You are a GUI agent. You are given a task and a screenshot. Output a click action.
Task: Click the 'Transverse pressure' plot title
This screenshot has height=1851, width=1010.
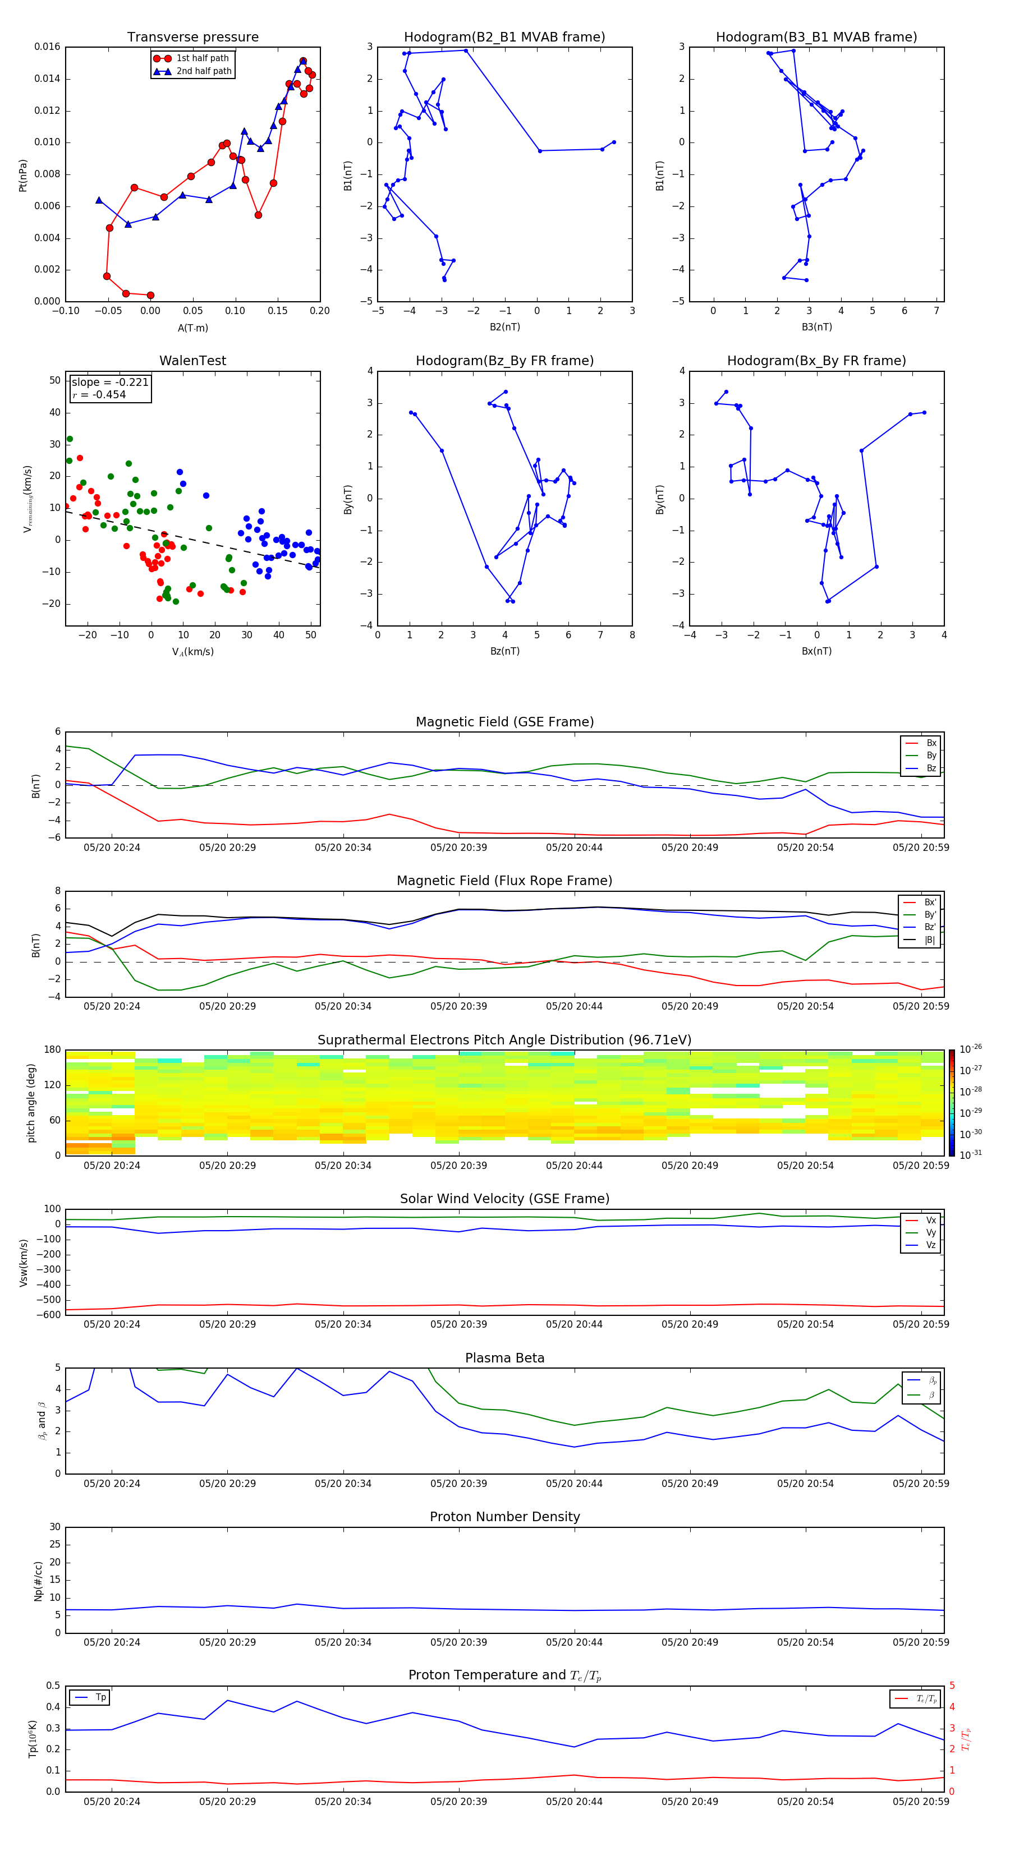click(x=192, y=38)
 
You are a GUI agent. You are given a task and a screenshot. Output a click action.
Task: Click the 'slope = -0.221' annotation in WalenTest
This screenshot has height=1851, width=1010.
click(x=110, y=383)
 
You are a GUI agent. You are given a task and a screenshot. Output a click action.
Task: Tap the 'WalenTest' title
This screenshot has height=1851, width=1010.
click(x=192, y=361)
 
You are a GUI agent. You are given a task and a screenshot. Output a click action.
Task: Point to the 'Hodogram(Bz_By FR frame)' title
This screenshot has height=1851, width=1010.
click(x=504, y=361)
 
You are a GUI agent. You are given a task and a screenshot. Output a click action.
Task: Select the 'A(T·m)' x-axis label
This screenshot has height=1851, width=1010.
click(x=192, y=328)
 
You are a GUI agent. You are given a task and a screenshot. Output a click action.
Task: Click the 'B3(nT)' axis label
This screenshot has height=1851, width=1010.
click(x=816, y=327)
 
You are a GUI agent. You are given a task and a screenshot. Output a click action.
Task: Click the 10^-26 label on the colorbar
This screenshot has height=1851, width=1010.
click(x=971, y=1049)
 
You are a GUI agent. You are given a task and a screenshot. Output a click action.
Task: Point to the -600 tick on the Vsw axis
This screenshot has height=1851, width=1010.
click(x=48, y=1315)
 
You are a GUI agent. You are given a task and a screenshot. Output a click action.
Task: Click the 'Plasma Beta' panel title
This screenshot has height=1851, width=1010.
click(x=504, y=1358)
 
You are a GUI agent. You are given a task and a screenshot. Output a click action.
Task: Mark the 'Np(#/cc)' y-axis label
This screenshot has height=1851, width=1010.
click(x=38, y=1581)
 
